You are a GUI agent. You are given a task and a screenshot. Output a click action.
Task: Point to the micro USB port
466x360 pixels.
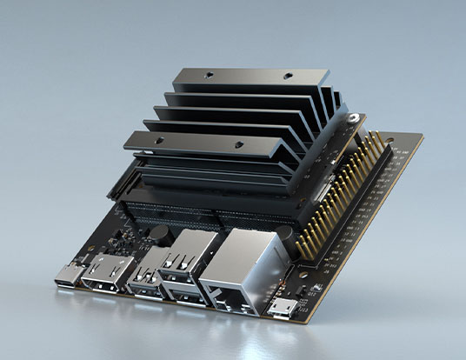coord(281,308)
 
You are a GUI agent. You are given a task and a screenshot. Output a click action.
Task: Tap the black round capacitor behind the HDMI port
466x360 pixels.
coord(159,232)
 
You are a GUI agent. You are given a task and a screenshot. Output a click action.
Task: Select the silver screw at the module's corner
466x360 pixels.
coord(355,117)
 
